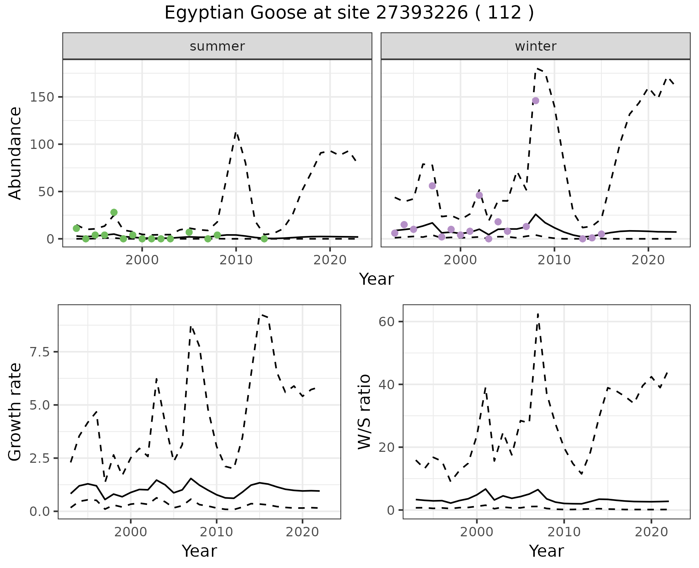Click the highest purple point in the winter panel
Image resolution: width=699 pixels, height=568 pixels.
click(x=535, y=100)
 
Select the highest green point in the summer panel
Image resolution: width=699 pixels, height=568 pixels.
click(x=114, y=212)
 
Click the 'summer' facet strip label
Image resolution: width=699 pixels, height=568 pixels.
click(x=217, y=46)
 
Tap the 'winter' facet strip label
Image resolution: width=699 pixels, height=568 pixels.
click(x=536, y=46)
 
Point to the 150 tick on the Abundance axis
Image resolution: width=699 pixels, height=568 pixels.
click(x=42, y=97)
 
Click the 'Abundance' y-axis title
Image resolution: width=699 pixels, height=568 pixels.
click(x=15, y=153)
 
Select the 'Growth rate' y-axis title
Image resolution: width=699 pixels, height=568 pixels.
click(x=15, y=412)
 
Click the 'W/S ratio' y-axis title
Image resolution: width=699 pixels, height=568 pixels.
click(x=364, y=412)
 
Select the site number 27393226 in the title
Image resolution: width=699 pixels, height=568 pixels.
click(x=422, y=13)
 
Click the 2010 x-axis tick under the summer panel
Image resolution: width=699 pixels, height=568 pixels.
click(x=236, y=260)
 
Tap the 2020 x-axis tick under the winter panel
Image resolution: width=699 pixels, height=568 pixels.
click(x=648, y=260)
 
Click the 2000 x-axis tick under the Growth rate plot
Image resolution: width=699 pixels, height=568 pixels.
click(x=131, y=532)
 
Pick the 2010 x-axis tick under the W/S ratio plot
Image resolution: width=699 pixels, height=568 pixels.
click(x=564, y=532)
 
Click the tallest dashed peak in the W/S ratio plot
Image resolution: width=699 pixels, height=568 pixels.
click(x=538, y=314)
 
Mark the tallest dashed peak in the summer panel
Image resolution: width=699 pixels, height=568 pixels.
click(x=236, y=133)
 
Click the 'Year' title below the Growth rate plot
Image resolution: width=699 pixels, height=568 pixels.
click(x=199, y=551)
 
